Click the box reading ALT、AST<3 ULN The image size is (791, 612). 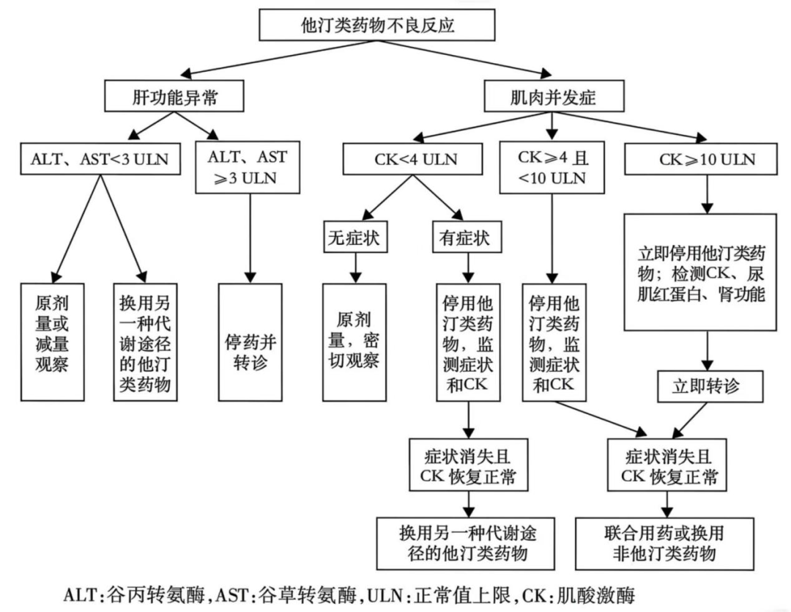tap(100, 159)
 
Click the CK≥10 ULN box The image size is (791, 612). tap(700, 159)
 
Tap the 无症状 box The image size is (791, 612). tap(355, 238)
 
